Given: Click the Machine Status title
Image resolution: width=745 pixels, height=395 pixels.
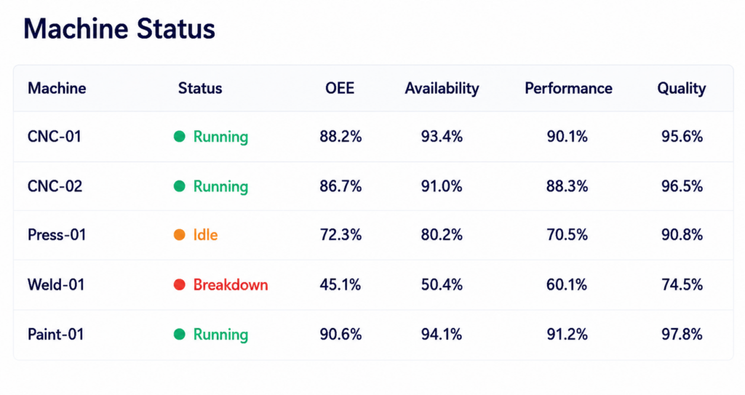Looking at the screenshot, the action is coord(119,28).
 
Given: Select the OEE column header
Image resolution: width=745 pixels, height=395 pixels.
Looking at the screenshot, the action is coord(340,88).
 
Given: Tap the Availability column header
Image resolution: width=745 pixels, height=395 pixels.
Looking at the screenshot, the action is coord(442,89).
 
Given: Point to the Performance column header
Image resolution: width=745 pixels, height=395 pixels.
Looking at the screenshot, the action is coord(568,88).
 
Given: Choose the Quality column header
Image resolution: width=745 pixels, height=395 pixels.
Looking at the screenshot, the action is coord(681,89).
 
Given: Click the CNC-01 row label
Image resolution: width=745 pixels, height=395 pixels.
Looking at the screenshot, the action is coord(55,137).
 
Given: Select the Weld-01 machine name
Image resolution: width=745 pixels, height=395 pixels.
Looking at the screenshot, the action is coord(56,284).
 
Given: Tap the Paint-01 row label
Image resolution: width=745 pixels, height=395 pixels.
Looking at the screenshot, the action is coord(55,334).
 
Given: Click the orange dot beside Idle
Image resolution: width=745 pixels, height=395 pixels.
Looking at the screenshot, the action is coord(179,235).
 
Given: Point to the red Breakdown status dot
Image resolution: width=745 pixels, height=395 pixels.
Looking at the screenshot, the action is coord(179,284).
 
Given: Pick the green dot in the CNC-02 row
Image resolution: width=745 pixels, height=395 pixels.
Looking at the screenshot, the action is coord(179,185).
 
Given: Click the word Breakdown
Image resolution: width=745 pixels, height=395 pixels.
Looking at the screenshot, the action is coord(231,284).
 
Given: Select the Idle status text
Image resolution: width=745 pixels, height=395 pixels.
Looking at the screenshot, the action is coord(205,234).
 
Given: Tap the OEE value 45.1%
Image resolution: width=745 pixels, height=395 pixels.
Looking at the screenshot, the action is coord(340,284).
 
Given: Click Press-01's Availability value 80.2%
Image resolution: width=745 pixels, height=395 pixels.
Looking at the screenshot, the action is coord(442,234).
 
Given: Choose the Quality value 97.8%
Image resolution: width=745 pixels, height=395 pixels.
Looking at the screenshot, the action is coord(682,334).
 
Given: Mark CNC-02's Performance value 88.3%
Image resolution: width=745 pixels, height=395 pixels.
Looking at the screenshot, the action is coord(567,185).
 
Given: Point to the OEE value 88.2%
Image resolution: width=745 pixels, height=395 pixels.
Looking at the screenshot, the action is coord(340,137).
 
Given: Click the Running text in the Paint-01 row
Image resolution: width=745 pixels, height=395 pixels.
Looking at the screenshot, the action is coord(220,335).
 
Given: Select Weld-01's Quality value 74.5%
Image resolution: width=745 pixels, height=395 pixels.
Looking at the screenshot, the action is coord(682,284).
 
